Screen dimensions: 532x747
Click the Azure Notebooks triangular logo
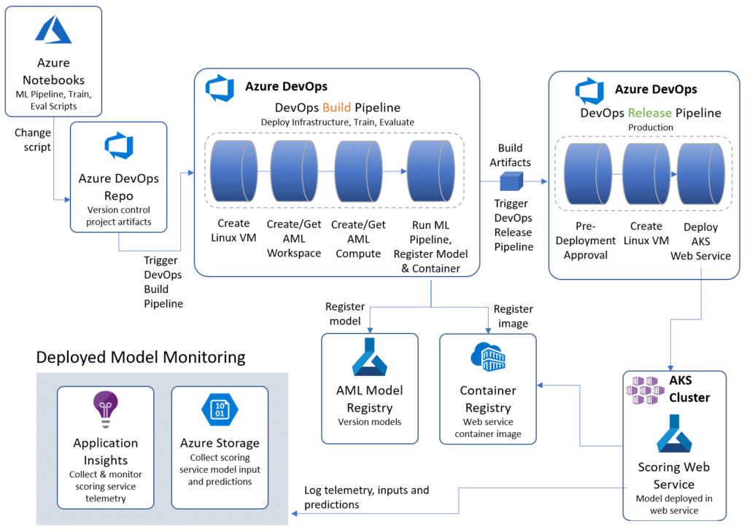[x=53, y=30]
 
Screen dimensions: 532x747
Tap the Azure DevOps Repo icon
[x=118, y=146]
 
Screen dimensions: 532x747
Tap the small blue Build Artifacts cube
[x=510, y=181]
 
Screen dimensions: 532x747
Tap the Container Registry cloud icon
[x=488, y=356]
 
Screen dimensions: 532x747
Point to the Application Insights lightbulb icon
[x=106, y=410]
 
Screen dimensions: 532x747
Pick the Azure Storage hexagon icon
[x=220, y=410]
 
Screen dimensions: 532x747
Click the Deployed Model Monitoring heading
[x=141, y=357]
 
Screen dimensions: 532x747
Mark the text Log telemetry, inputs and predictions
[x=366, y=497]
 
